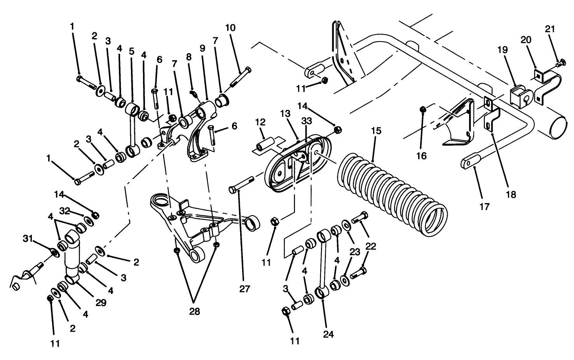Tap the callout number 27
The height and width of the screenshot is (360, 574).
click(x=245, y=289)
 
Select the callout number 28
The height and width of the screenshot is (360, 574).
click(x=194, y=311)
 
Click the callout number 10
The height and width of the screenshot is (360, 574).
click(x=230, y=28)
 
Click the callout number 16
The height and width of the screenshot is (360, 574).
click(x=421, y=156)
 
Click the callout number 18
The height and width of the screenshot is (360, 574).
click(x=511, y=195)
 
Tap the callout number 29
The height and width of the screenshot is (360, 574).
click(x=101, y=303)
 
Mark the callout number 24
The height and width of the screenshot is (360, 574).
click(x=328, y=334)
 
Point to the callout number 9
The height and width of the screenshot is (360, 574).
click(x=202, y=48)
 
